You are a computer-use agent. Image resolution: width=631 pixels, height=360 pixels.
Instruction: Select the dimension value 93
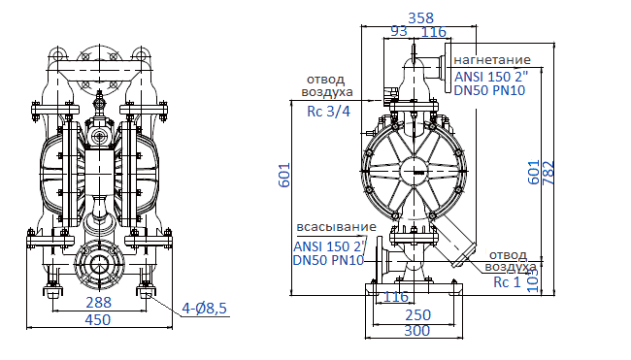point(398,32)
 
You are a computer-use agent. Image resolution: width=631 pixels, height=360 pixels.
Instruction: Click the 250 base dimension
point(417,315)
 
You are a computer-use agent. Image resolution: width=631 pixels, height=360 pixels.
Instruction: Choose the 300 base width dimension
point(417,331)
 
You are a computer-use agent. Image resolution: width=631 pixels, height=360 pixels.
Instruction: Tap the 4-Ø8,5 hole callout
point(205,309)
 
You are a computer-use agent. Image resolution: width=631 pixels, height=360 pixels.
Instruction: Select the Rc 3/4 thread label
point(327,112)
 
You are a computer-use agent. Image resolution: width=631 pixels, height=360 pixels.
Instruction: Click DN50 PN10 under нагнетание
point(489,89)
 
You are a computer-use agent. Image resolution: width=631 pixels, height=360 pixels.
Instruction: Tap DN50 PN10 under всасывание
point(327,260)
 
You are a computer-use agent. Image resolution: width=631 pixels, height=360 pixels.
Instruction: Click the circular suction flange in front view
point(98,265)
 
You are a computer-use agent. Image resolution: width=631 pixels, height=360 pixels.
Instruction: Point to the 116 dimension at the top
point(433,32)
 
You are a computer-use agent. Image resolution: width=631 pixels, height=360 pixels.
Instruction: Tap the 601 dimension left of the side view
point(284,175)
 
